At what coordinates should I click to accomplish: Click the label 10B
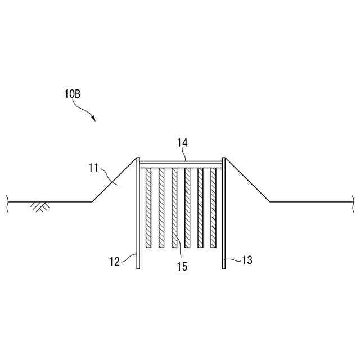72,94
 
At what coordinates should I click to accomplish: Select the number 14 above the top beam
182,143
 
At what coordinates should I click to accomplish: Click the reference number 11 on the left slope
93,168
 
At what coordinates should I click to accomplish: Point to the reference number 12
114,261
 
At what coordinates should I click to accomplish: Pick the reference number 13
246,260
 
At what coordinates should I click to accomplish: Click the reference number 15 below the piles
182,266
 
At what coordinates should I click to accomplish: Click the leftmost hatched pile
148,208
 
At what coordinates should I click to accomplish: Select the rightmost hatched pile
213,208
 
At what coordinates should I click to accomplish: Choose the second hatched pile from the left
161,208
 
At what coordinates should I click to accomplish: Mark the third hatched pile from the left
174,208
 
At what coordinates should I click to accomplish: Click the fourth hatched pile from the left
187,208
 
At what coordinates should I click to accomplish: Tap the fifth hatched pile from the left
200,208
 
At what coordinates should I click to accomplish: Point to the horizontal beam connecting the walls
181,163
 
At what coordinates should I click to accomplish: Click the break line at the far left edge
7,201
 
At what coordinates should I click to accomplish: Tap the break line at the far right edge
353,201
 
